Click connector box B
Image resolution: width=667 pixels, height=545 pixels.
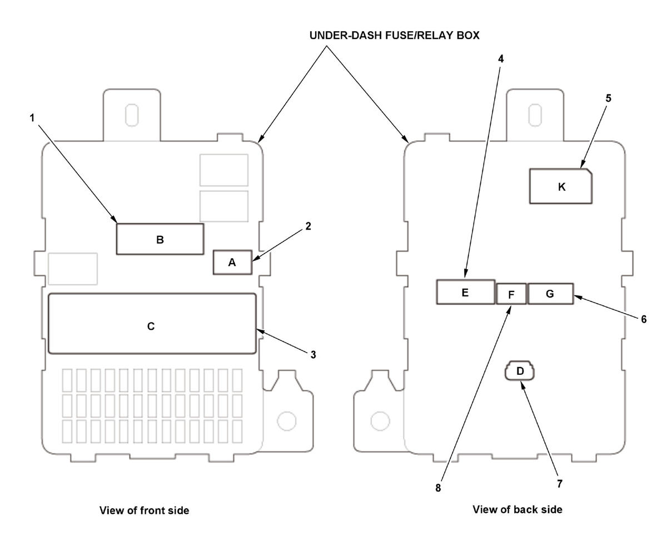(x=160, y=239)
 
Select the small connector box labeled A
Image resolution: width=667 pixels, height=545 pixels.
(x=232, y=262)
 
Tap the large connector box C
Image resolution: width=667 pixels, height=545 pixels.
(x=152, y=323)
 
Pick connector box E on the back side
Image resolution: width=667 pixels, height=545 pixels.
(x=465, y=292)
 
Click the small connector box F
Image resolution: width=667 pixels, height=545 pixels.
(x=511, y=294)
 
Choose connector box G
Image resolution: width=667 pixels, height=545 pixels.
(x=550, y=294)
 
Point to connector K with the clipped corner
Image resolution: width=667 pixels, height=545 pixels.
(x=561, y=186)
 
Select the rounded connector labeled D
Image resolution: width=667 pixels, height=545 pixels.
(x=520, y=370)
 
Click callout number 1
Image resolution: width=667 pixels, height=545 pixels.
(x=32, y=118)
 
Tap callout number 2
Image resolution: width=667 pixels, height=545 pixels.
(x=308, y=226)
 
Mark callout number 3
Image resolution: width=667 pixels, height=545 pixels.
(x=313, y=355)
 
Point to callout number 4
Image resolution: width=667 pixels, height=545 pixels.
(x=501, y=59)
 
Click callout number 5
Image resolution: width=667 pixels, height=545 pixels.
(x=608, y=98)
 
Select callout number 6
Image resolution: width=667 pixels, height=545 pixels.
(x=644, y=319)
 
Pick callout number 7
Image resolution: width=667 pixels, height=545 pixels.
(x=560, y=484)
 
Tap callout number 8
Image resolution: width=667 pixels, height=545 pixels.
(x=437, y=488)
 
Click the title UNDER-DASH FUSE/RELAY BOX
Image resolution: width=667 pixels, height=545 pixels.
(x=395, y=35)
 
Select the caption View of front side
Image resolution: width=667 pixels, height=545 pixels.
(x=144, y=511)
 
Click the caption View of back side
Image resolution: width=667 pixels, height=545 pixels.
(x=517, y=509)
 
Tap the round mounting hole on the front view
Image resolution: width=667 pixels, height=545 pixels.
(x=287, y=421)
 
